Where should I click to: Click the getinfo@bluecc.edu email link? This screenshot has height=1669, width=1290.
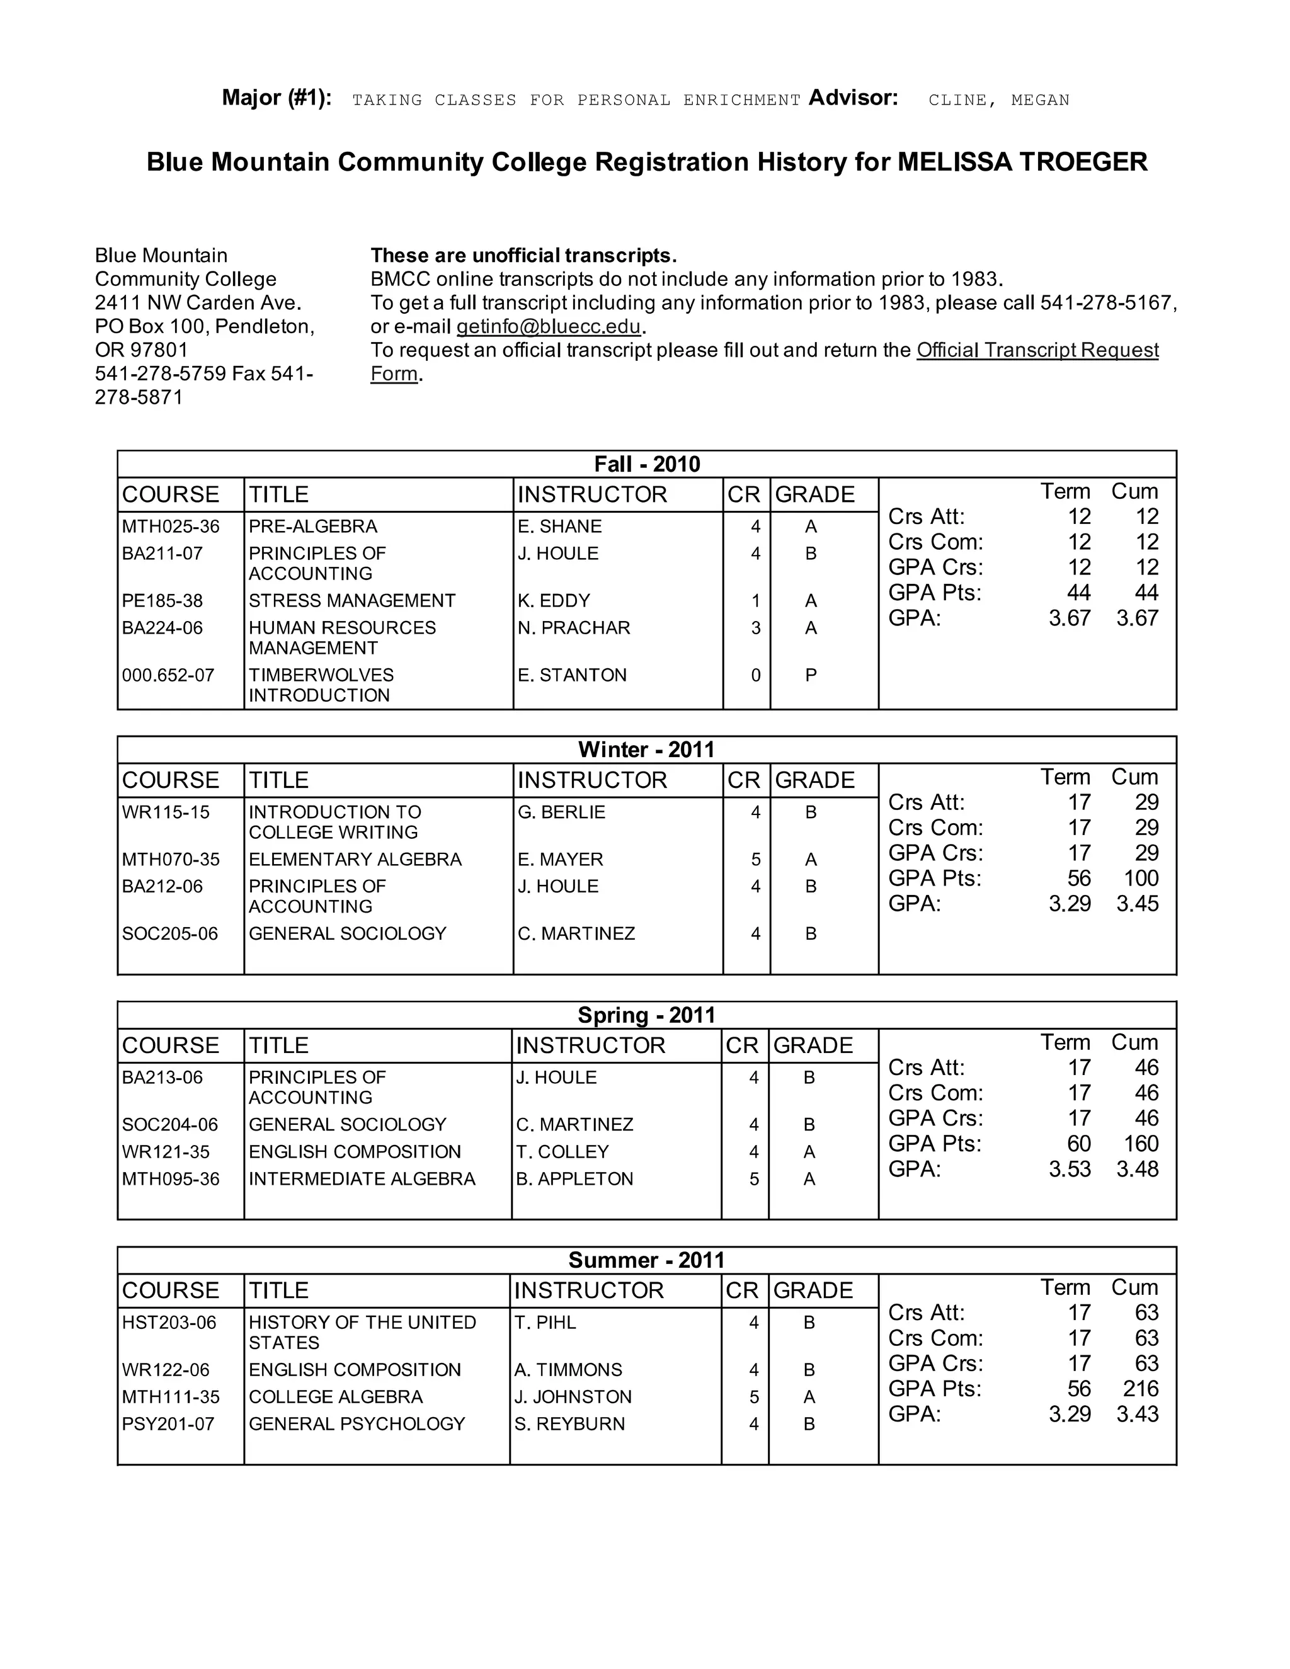pyautogui.click(x=548, y=327)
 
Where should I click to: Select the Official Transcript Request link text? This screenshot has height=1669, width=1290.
pyautogui.click(x=1037, y=351)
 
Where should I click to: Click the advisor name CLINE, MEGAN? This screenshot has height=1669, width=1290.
pyautogui.click(x=998, y=100)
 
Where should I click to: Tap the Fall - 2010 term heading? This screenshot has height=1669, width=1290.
pyautogui.click(x=646, y=464)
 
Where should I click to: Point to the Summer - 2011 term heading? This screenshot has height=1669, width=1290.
pyautogui.click(x=646, y=1260)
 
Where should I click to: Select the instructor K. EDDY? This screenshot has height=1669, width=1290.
pyautogui.click(x=553, y=601)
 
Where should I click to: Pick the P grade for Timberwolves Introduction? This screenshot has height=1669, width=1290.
pyautogui.click(x=811, y=675)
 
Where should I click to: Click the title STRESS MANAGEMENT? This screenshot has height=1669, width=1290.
pyautogui.click(x=351, y=601)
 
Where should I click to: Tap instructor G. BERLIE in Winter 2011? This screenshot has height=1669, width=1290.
pyautogui.click(x=561, y=812)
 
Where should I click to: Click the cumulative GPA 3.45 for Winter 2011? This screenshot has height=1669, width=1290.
pyautogui.click(x=1136, y=903)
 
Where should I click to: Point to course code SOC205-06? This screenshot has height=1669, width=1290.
pyautogui.click(x=169, y=933)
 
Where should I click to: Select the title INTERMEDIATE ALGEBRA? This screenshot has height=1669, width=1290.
pyautogui.click(x=362, y=1178)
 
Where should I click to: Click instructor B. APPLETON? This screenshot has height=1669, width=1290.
pyautogui.click(x=574, y=1178)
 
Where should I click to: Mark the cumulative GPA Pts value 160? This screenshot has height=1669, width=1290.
pyautogui.click(x=1140, y=1143)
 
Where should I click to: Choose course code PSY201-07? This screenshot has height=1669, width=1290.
pyautogui.click(x=168, y=1424)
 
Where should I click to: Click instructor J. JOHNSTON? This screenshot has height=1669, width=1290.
pyautogui.click(x=573, y=1397)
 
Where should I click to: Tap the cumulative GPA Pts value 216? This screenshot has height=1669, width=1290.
pyautogui.click(x=1140, y=1389)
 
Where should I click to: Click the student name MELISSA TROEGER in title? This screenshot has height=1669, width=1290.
pyautogui.click(x=1022, y=162)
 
